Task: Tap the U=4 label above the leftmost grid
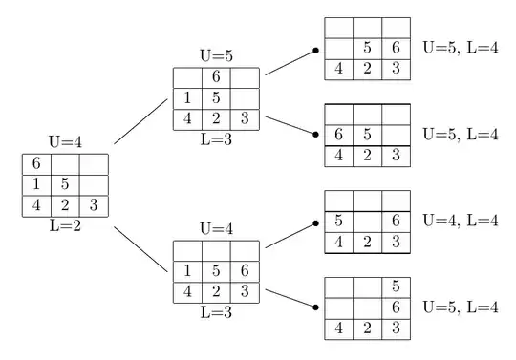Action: point(64,142)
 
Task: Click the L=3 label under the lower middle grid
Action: point(216,311)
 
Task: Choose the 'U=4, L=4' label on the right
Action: point(460,221)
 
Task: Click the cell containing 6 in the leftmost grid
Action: point(35,163)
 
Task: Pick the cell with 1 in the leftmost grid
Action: point(35,184)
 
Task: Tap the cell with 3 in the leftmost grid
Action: point(93,205)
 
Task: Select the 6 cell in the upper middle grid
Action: point(216,77)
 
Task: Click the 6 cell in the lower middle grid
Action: point(245,271)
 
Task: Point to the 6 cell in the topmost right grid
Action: point(396,48)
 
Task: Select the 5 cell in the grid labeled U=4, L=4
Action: point(339,221)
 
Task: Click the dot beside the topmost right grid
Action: point(315,53)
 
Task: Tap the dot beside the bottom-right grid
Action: point(315,307)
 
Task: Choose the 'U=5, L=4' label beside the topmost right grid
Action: point(460,48)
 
